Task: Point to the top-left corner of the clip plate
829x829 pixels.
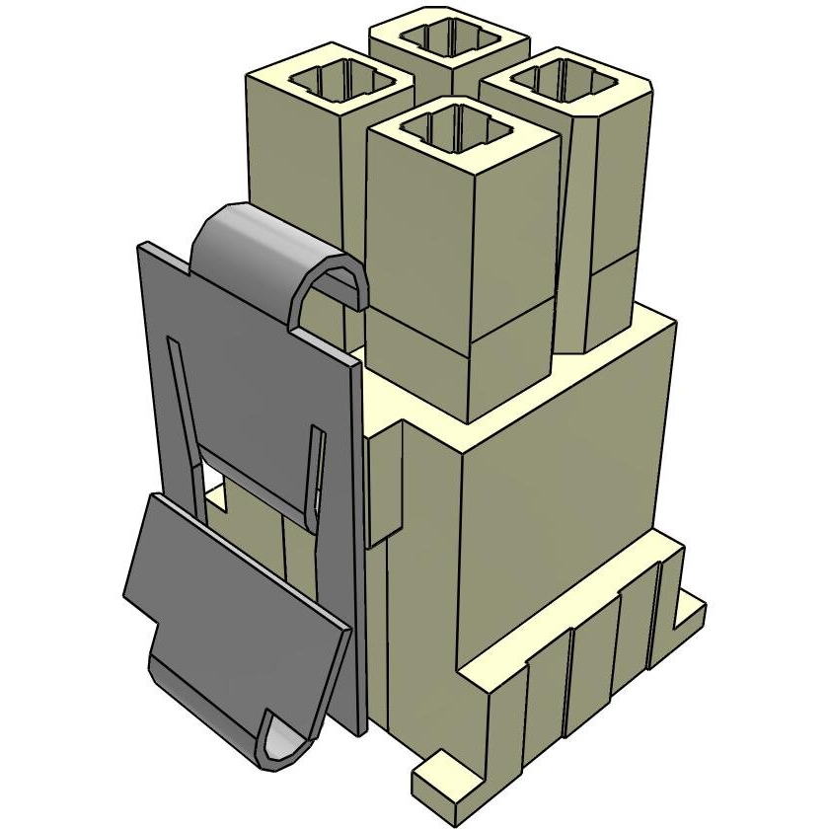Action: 142,249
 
